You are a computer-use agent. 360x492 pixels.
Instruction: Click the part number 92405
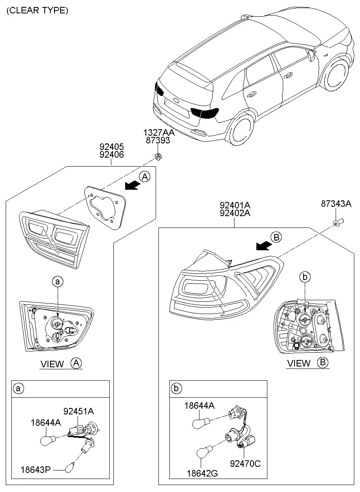(x=112, y=147)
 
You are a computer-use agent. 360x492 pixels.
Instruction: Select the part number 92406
(x=112, y=154)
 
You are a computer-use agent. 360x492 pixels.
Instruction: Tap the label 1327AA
(x=159, y=132)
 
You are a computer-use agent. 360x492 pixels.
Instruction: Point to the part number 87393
(x=158, y=140)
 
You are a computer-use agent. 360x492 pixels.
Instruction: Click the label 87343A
(x=336, y=204)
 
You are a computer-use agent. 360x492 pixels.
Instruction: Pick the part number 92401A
(x=235, y=205)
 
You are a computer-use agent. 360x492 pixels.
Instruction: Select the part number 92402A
(x=235, y=213)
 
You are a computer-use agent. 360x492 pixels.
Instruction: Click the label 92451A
(x=79, y=411)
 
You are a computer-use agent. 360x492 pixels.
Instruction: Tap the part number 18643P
(x=36, y=470)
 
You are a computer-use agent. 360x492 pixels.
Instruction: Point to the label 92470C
(x=245, y=464)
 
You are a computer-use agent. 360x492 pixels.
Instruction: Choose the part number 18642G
(x=202, y=473)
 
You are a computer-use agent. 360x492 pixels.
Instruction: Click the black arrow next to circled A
(x=132, y=185)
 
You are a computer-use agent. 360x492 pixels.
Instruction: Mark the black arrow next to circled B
(x=264, y=245)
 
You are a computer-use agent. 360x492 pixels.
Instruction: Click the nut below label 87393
(x=158, y=156)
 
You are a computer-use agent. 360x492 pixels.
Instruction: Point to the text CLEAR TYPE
(x=37, y=11)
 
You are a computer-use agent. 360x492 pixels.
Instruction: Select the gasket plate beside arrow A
(x=105, y=207)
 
